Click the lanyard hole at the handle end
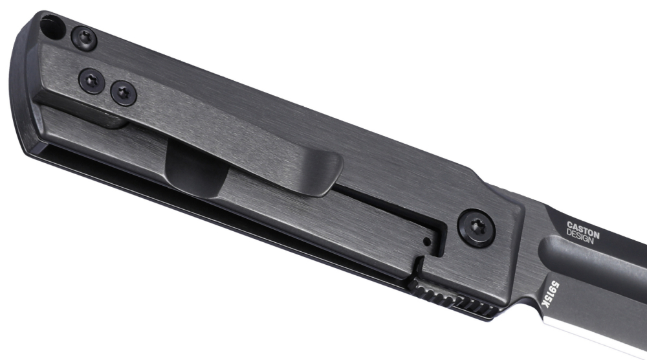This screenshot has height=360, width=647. [52, 27]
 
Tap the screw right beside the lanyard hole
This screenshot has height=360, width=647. [83, 39]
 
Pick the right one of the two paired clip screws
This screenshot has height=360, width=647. [124, 93]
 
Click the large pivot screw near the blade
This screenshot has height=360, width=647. [477, 228]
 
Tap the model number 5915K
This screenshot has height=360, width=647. [551, 295]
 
